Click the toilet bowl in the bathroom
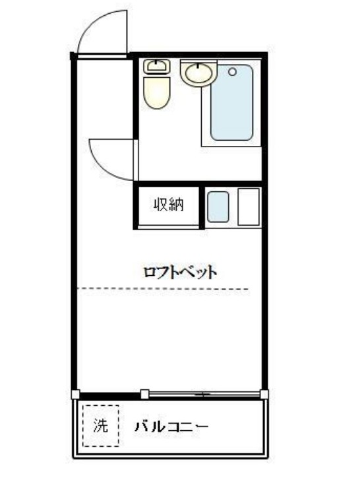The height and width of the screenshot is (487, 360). click(x=158, y=92)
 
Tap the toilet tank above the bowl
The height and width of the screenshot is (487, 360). click(x=156, y=66)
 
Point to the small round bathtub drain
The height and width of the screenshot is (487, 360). click(x=232, y=70)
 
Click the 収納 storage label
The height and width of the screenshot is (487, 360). click(x=168, y=205)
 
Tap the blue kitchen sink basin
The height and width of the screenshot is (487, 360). click(x=218, y=207)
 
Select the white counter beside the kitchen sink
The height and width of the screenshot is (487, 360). click(x=249, y=207)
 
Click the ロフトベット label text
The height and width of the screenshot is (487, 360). click(x=181, y=272)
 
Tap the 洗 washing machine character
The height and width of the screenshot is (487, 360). click(x=100, y=426)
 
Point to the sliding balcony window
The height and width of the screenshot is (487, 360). click(x=204, y=395)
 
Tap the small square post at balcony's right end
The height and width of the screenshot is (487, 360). click(x=264, y=395)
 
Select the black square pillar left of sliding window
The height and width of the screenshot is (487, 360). click(x=144, y=395)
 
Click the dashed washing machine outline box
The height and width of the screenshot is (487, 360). click(x=84, y=426)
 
